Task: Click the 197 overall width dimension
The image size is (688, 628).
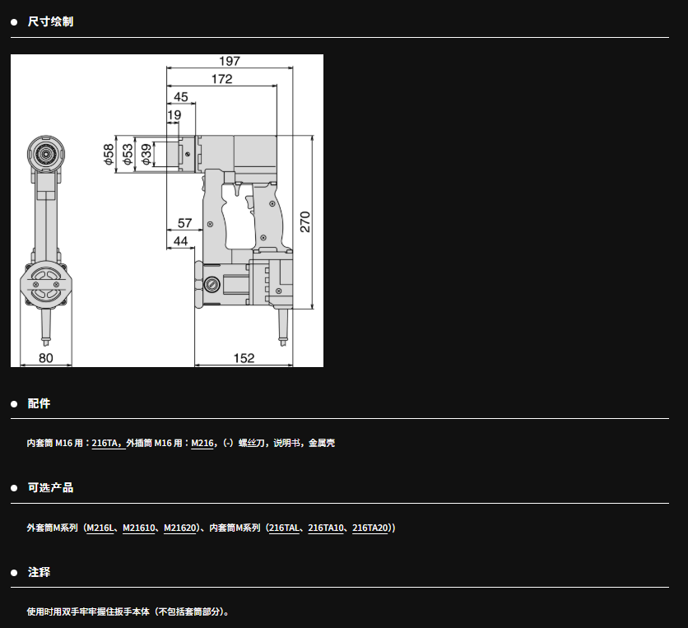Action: [230, 61]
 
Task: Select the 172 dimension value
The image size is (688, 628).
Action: [221, 79]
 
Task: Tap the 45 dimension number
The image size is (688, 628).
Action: [181, 96]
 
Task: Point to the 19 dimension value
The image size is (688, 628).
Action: [174, 115]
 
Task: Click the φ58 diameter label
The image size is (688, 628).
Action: [109, 154]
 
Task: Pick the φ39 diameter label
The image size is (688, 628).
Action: [146, 154]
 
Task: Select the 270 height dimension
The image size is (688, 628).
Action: [305, 221]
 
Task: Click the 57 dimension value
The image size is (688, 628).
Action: [184, 223]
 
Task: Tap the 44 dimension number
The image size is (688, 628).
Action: [180, 241]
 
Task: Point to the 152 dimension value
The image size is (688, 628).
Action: [244, 358]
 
